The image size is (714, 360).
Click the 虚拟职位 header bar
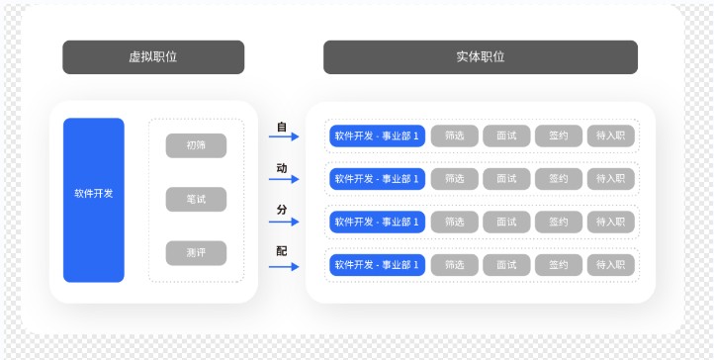[x=153, y=57]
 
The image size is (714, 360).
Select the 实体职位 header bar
[x=480, y=57]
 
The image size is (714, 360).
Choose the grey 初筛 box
[x=196, y=145]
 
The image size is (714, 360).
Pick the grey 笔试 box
[x=196, y=199]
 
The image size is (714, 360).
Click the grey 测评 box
[x=196, y=253]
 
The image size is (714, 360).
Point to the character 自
[x=282, y=127]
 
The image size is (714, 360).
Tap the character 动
[x=282, y=169]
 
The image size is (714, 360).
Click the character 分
[x=282, y=211]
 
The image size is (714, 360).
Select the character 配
[x=282, y=251]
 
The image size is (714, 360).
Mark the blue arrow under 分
[x=283, y=223]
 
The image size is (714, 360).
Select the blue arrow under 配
[x=283, y=264]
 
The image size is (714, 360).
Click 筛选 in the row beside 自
[x=455, y=136]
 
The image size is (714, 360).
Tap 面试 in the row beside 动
[x=506, y=179]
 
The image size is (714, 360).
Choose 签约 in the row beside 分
[x=559, y=222]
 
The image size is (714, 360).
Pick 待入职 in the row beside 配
[x=610, y=265]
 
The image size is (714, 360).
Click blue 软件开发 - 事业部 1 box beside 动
[x=377, y=179]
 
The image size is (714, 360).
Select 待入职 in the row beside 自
[x=610, y=136]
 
